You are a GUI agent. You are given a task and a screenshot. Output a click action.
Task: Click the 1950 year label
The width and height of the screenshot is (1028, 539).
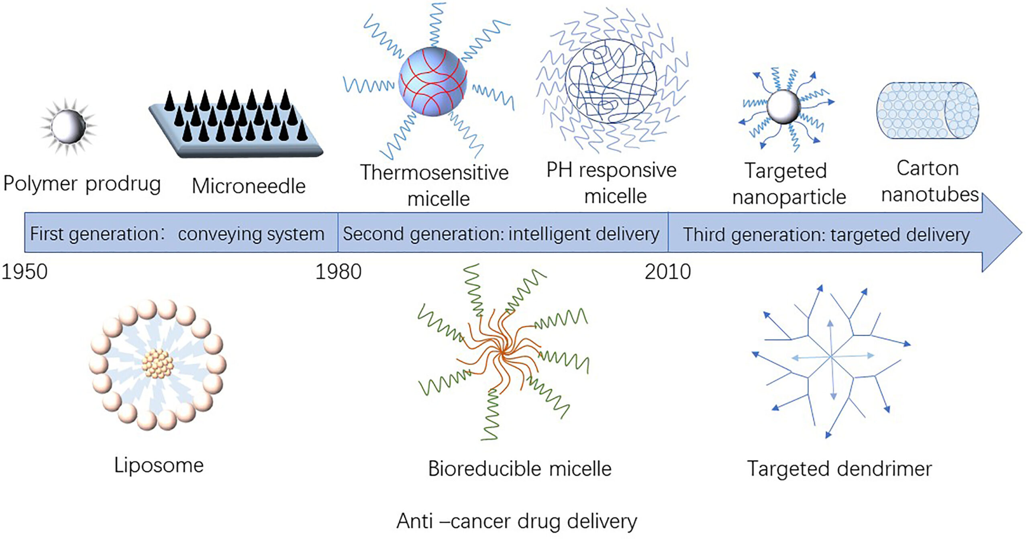[24, 272]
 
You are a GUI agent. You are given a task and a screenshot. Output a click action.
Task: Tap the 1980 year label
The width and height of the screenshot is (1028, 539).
[338, 272]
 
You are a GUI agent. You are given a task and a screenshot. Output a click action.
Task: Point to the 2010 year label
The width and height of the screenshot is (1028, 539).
[667, 272]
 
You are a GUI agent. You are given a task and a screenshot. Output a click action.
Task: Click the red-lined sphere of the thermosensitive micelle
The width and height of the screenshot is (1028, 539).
[432, 82]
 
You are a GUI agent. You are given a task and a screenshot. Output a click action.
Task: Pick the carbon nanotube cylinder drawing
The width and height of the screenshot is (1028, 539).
[928, 110]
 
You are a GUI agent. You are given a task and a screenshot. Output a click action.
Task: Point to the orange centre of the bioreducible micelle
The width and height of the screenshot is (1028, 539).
[502, 353]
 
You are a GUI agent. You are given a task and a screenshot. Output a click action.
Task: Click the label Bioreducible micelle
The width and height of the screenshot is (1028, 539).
[520, 469]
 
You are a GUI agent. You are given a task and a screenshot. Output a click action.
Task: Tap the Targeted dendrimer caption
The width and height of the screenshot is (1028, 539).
[839, 469]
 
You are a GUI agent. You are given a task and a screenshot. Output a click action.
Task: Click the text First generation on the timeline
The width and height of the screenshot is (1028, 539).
[95, 234]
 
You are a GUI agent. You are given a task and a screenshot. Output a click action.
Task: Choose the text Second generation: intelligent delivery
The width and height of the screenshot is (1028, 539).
[501, 234]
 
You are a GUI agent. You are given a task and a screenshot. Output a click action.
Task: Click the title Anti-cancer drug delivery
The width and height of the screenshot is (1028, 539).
[516, 521]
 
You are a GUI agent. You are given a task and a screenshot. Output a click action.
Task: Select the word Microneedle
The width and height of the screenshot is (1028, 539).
[249, 186]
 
